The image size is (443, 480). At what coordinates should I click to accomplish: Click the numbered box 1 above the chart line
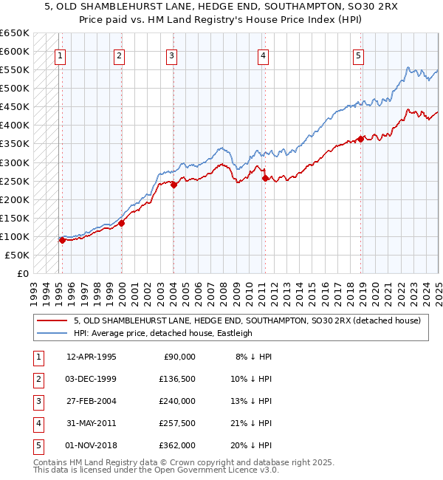point(59,55)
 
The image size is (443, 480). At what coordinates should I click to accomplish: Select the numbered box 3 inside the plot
point(171,55)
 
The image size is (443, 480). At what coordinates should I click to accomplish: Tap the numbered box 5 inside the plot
point(358,55)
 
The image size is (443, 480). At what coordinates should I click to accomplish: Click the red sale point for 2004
point(174,185)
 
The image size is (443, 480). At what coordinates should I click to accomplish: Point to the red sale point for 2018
point(360,139)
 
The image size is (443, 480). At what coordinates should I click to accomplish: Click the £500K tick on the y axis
point(15,89)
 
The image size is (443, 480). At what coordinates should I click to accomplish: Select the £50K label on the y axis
point(17,255)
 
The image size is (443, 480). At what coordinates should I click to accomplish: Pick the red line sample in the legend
point(52,320)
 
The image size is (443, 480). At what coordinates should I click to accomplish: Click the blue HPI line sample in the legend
point(52,333)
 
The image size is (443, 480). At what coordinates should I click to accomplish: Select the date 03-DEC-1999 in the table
point(92,379)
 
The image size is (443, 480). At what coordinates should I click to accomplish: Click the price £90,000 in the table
point(179,357)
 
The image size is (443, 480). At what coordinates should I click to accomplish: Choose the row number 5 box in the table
point(36,445)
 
